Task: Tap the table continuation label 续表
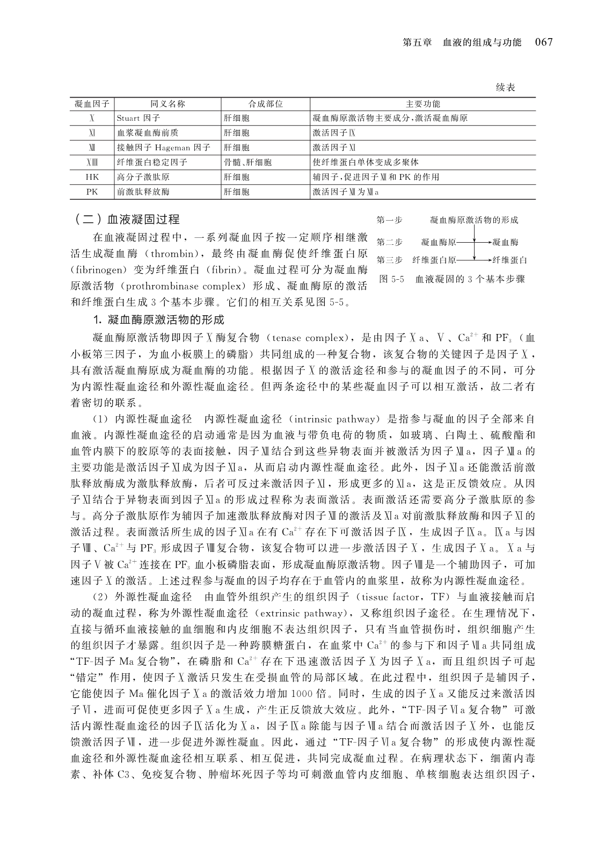pyautogui.click(x=505, y=88)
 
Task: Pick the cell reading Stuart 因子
pyautogui.click(x=138, y=118)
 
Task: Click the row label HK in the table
pyautogui.click(x=92, y=177)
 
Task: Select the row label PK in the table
pyautogui.click(x=92, y=191)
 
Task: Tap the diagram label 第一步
pyautogui.click(x=389, y=220)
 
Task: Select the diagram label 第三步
pyautogui.click(x=389, y=260)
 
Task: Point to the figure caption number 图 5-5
pyautogui.click(x=391, y=279)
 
